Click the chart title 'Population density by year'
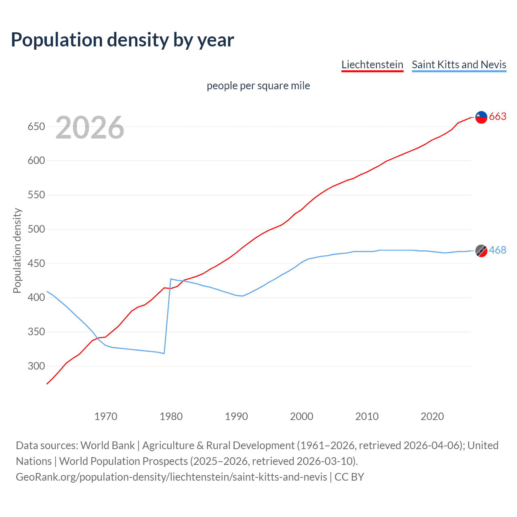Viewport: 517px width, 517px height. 122,40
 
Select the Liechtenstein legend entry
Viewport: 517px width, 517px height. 372,65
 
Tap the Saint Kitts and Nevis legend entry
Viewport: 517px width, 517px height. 459,65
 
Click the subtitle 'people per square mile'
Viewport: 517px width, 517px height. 258,86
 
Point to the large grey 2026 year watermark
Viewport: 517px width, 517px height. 90,128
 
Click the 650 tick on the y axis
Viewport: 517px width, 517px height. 36,127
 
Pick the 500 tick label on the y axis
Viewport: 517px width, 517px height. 36,229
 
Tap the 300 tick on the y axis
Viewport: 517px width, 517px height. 36,366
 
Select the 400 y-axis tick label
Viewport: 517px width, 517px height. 36,298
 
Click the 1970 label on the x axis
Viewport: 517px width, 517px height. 106,416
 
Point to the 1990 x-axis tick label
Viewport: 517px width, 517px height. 236,416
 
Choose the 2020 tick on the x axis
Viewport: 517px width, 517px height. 432,416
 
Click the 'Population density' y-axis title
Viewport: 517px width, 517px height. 17,250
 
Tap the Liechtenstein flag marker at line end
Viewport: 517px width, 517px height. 481,117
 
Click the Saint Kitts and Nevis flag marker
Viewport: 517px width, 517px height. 481,251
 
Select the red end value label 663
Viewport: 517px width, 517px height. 498,117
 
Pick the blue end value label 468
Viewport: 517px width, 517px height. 498,250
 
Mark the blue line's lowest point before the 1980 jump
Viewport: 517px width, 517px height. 164,353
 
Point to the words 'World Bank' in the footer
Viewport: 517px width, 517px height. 107,446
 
